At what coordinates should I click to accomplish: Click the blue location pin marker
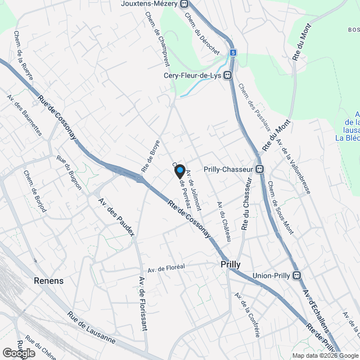[x=180, y=170]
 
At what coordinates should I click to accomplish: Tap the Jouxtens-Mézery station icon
[x=184, y=4]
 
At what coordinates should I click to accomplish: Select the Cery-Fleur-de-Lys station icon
[x=228, y=75]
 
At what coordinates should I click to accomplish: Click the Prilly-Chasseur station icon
[x=259, y=169]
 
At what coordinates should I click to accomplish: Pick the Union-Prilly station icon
[x=296, y=275]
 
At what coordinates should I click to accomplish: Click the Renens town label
[x=48, y=281]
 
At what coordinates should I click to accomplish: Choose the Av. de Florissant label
[x=142, y=304]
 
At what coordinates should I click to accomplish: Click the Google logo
[x=19, y=353]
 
